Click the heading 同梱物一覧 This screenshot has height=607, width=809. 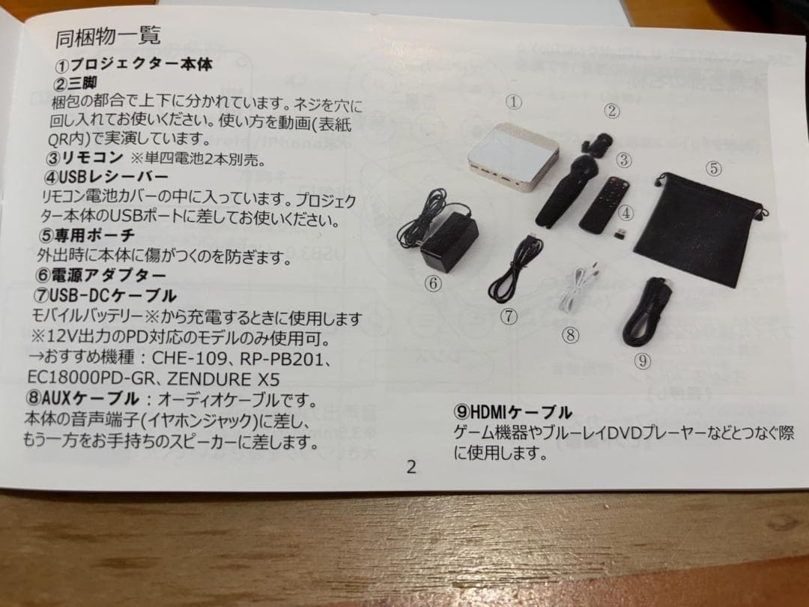click(108, 35)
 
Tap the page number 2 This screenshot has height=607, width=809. click(410, 467)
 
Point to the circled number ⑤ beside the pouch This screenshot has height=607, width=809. click(714, 169)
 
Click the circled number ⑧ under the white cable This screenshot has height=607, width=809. click(571, 335)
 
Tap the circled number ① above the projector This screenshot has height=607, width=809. click(513, 101)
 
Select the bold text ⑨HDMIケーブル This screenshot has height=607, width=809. click(512, 411)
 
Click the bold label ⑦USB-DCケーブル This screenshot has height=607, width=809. click(106, 295)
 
